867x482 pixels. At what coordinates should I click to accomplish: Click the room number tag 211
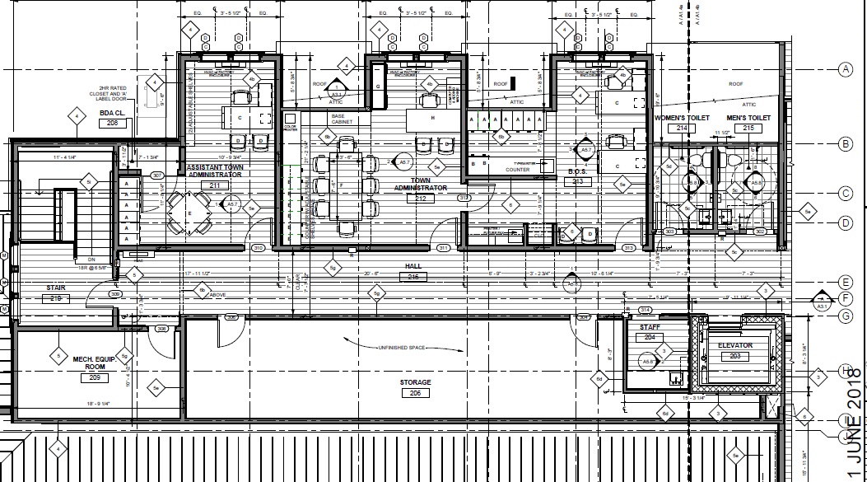click(x=215, y=185)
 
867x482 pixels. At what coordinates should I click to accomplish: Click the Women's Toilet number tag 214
click(x=681, y=129)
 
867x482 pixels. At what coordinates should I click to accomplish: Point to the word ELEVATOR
click(x=735, y=345)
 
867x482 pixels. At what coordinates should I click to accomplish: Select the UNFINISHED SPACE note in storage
click(x=402, y=349)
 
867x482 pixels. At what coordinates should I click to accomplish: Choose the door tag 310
click(x=258, y=248)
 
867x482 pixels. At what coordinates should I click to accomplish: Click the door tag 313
click(x=628, y=248)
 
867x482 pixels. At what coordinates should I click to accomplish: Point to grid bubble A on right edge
click(x=844, y=70)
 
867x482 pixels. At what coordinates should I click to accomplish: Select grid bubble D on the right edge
click(x=844, y=222)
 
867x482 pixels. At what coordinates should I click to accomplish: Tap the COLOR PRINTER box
click(x=289, y=129)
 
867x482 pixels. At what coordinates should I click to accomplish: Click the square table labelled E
click(x=189, y=213)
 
